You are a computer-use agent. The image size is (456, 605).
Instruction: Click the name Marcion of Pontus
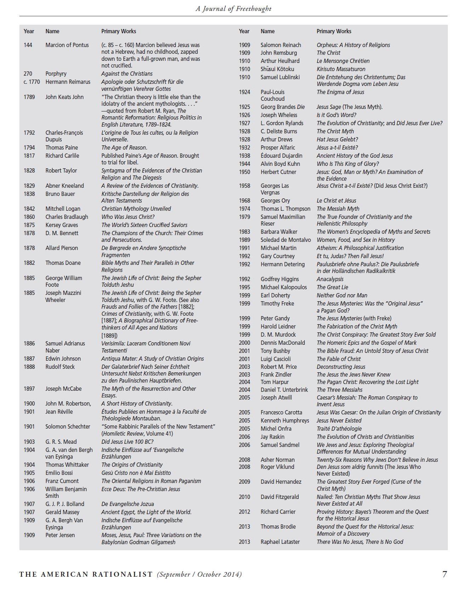(x=67, y=45)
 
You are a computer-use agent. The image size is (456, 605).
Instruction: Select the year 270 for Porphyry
(x=28, y=74)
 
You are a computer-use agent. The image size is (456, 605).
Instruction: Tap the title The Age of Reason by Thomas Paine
(x=124, y=147)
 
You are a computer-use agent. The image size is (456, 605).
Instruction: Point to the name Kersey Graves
(x=62, y=225)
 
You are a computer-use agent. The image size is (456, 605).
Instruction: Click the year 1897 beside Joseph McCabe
(x=29, y=389)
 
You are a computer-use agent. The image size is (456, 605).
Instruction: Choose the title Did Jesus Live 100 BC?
(x=127, y=442)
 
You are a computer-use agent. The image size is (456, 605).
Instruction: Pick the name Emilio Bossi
(x=59, y=473)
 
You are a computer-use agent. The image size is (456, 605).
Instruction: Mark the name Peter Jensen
(x=60, y=535)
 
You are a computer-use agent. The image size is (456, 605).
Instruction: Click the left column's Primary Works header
(x=119, y=31)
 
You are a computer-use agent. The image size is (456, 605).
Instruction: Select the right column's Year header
(x=244, y=31)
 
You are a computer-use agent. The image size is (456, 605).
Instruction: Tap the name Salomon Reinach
(x=281, y=45)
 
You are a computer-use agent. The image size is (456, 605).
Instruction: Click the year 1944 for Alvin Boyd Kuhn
(x=244, y=164)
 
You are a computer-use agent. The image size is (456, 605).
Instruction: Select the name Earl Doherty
(x=275, y=295)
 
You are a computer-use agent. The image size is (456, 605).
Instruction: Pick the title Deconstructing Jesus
(x=341, y=367)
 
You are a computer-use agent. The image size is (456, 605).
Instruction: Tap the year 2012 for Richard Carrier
(x=244, y=512)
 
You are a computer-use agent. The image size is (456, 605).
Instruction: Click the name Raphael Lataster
(x=280, y=542)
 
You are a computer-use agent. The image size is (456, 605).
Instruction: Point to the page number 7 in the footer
(x=444, y=574)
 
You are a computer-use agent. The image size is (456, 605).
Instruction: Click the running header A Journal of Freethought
(x=233, y=9)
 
